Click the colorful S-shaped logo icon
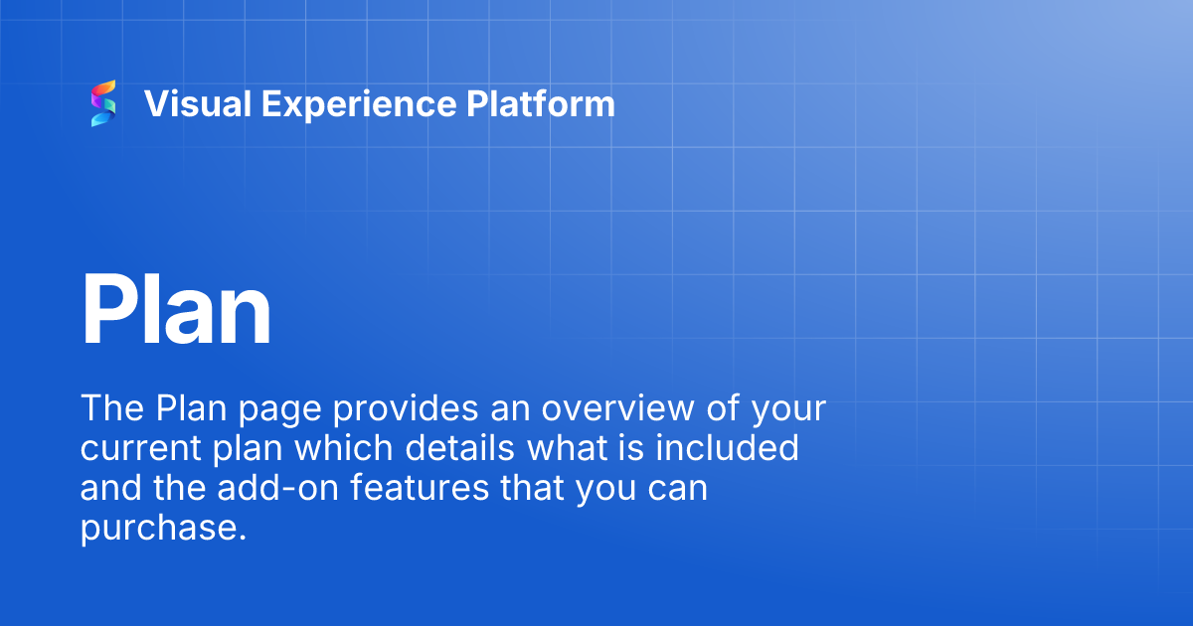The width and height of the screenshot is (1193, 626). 103,103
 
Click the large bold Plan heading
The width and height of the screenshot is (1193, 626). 176,310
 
